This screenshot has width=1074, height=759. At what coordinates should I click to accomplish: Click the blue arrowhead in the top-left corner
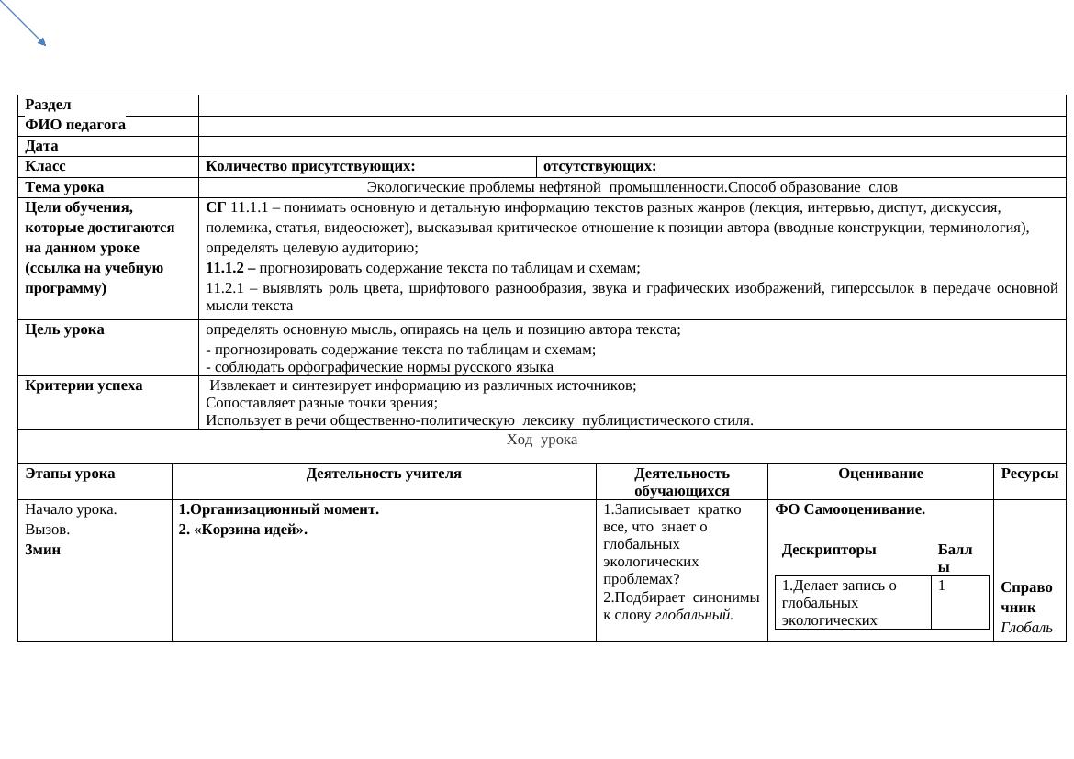[x=40, y=40]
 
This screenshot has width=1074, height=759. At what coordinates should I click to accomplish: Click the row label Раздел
[x=49, y=106]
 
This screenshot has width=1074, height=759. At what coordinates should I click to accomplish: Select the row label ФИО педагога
[x=75, y=125]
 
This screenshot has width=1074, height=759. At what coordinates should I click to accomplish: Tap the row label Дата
[x=41, y=146]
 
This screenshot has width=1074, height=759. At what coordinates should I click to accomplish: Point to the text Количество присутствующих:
[x=310, y=166]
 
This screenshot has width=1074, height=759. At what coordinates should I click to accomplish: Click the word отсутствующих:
[x=599, y=166]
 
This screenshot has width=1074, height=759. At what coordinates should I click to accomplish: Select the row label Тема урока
[x=64, y=187]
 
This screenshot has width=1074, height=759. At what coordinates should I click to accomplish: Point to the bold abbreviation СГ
[x=216, y=207]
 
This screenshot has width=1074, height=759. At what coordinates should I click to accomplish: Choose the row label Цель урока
[x=64, y=329]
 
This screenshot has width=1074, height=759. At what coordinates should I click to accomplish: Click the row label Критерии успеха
[x=84, y=385]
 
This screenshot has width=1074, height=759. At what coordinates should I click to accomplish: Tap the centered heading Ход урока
[x=542, y=440]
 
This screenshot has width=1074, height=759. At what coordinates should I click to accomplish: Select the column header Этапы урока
[x=70, y=474]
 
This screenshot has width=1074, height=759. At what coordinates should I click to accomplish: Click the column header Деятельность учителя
[x=384, y=474]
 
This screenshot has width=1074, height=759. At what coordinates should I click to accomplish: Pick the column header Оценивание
[x=879, y=474]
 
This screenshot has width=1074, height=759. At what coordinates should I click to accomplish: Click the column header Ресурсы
[x=1029, y=474]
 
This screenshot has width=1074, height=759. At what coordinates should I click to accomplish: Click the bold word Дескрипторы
[x=829, y=550]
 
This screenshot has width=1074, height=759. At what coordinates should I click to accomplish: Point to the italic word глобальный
[x=694, y=615]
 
